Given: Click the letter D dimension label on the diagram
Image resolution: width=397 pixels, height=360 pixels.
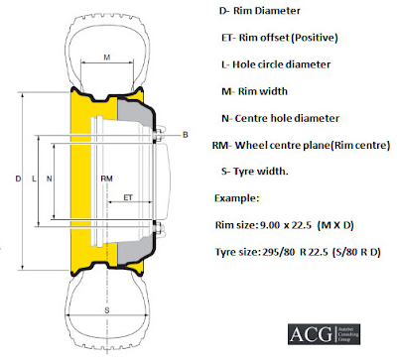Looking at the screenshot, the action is pyautogui.click(x=18, y=179).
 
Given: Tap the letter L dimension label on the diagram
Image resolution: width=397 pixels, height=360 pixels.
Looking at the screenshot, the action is pyautogui.click(x=35, y=179).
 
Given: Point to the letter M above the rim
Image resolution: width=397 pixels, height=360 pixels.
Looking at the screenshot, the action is pyautogui.click(x=106, y=59).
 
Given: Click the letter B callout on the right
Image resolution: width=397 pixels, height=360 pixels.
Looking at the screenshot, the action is pyautogui.click(x=184, y=133).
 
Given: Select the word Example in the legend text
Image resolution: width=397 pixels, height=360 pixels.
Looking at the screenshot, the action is pyautogui.click(x=236, y=197).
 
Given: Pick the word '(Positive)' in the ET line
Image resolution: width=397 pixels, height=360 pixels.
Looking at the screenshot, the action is pyautogui.click(x=311, y=38).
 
